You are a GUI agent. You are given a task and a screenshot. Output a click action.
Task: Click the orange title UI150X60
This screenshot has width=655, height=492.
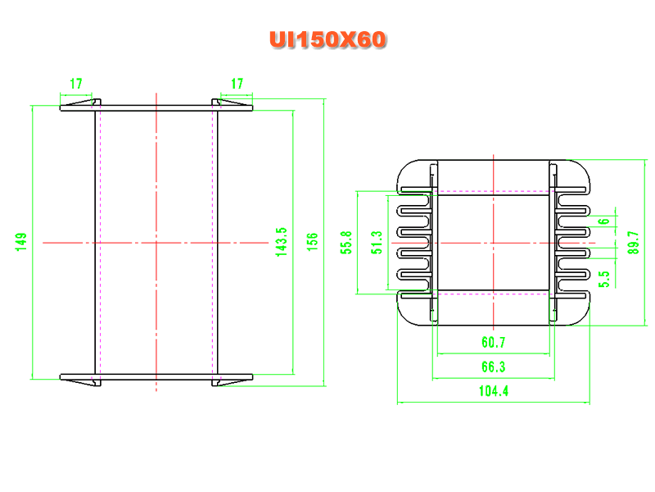point(327,39)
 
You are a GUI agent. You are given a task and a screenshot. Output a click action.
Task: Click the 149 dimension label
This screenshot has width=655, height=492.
point(21,242)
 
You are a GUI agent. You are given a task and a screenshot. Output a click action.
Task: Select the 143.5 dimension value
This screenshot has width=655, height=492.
point(282,242)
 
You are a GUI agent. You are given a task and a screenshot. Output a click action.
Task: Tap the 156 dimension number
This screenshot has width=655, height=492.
point(313,242)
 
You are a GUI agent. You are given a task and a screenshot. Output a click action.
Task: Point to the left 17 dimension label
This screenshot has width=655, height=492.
point(76,84)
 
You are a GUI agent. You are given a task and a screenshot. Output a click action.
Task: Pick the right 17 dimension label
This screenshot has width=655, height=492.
point(237,84)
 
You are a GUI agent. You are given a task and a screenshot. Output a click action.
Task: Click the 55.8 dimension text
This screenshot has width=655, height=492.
point(346,242)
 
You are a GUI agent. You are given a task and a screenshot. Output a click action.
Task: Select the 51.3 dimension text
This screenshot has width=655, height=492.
point(377,242)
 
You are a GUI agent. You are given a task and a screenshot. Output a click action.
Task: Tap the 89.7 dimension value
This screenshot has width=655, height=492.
point(633,242)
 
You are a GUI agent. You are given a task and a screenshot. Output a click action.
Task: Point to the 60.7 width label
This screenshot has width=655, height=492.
point(494,343)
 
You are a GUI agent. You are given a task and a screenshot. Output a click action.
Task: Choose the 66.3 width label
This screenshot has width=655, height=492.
point(494,367)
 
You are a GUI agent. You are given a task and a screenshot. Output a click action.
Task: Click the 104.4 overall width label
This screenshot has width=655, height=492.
point(494,391)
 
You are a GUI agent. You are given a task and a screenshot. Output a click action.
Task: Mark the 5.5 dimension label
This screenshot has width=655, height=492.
point(604,279)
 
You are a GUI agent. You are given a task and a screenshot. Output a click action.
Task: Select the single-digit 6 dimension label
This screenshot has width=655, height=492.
point(604,221)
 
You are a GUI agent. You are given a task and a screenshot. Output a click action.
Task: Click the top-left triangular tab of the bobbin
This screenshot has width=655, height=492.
point(79,102)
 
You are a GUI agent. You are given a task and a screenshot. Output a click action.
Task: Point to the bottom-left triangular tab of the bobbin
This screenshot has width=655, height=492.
point(79,382)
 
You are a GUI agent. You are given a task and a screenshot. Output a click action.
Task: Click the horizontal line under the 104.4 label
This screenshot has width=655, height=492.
point(494,403)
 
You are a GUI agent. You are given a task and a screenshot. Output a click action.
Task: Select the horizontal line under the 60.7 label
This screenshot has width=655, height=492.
point(494,354)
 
